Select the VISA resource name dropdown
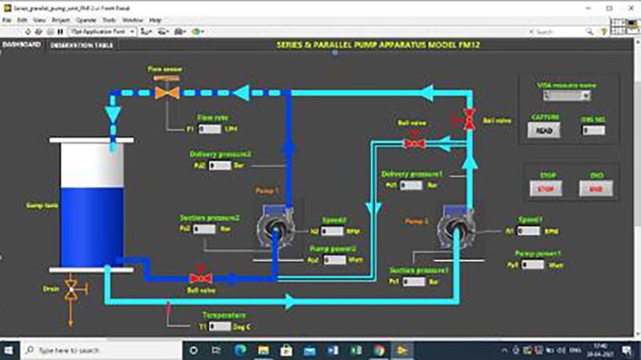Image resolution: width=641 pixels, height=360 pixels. click(x=566, y=95)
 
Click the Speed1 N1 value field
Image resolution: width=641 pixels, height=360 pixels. click(x=529, y=231)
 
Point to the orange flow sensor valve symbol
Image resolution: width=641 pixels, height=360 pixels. click(x=167, y=92)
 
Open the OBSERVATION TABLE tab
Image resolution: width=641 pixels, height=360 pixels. click(x=81, y=46)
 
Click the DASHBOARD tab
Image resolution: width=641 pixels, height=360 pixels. click(x=22, y=45)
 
